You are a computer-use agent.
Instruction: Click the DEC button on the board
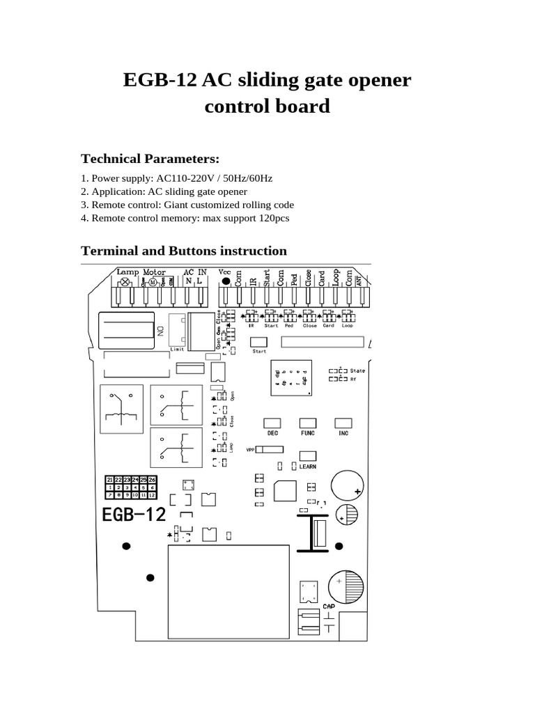point(272,423)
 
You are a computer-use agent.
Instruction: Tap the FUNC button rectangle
point(307,423)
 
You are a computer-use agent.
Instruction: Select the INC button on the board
point(342,423)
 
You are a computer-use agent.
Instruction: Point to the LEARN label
point(308,466)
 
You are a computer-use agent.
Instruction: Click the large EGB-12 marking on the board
point(134,515)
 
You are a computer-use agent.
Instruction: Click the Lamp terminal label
point(127,272)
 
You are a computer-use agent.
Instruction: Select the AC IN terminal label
point(194,272)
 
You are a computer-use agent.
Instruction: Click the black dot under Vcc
point(225,282)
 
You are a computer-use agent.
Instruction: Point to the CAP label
point(329,606)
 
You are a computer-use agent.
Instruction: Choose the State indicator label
point(358,370)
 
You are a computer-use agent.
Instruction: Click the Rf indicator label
point(354,379)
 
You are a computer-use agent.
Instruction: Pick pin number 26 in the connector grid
point(152,480)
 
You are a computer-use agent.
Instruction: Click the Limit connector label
point(178,349)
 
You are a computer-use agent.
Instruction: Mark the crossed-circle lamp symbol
point(125,282)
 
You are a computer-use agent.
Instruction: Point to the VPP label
point(251,450)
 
